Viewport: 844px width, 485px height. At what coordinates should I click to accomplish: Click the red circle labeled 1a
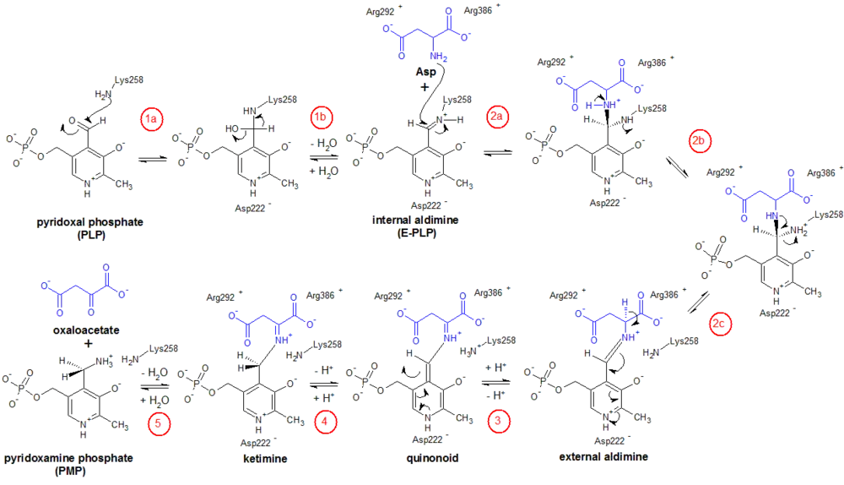[x=152, y=120]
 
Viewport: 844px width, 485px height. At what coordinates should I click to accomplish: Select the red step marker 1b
[x=321, y=117]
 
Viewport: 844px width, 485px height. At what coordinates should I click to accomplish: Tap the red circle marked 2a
[x=496, y=117]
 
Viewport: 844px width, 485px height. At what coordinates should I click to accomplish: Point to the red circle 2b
[x=701, y=141]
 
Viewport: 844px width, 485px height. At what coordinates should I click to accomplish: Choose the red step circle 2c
[x=721, y=324]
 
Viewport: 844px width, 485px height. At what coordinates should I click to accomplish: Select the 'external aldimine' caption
[x=603, y=457]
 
